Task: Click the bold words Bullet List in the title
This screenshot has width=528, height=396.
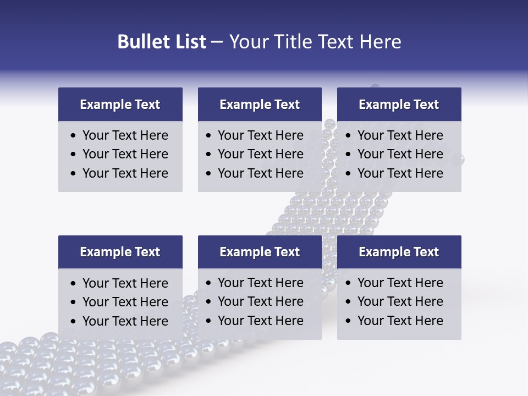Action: point(162,42)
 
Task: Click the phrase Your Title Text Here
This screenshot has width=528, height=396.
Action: point(315,42)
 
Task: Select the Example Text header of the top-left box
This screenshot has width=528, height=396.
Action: point(120,105)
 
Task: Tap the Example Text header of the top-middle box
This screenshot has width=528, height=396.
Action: point(260,105)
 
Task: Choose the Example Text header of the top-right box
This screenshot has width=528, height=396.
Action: point(399,105)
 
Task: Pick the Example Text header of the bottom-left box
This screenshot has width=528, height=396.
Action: point(120,252)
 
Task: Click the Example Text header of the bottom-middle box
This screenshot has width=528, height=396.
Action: point(260,252)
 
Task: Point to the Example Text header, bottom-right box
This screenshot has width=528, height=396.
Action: point(399,252)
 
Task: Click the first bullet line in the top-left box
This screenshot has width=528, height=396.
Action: point(125,135)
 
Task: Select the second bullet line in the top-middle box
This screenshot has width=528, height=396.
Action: point(260,154)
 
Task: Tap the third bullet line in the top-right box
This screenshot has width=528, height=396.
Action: point(400,173)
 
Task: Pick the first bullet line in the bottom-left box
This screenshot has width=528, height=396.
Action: point(125,283)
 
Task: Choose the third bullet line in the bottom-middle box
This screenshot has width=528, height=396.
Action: point(260,321)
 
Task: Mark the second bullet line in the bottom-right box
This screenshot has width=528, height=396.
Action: point(400,301)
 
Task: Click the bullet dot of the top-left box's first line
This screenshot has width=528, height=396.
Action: point(73,136)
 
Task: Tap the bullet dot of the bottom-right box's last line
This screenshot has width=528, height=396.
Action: point(348,321)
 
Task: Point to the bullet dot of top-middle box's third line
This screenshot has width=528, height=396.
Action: point(208,174)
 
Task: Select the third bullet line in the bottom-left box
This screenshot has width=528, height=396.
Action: point(125,321)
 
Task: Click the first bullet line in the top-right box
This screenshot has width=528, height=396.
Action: point(400,135)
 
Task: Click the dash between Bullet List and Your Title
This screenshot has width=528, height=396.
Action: point(217,42)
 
